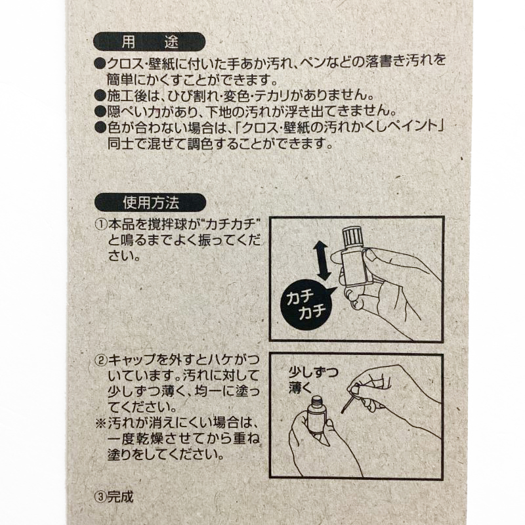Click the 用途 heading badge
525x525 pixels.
coord(149,42)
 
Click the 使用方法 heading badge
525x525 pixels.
coord(150,203)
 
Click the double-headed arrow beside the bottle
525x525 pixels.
coord(322,261)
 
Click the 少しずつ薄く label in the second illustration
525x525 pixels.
coord(313,380)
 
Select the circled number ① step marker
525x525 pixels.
coord(101,224)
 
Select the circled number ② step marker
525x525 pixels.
coord(101,360)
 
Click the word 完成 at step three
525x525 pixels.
coord(120,497)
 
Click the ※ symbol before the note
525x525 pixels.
coord(101,423)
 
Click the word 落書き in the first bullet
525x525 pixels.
coord(385,62)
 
